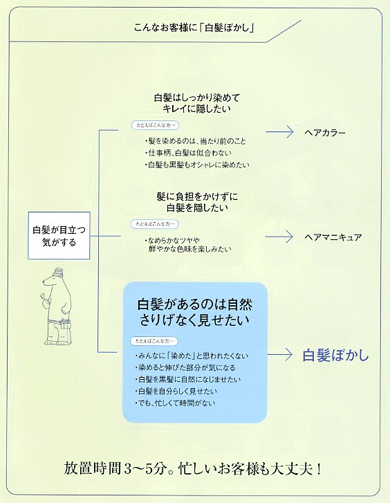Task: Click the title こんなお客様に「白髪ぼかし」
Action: (x=194, y=28)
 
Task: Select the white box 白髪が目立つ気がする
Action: (x=59, y=235)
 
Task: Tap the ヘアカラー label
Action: (x=324, y=132)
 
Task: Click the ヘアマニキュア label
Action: (x=333, y=237)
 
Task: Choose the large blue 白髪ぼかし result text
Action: (x=336, y=355)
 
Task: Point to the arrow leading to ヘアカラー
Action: (x=279, y=132)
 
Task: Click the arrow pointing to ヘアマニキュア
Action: (x=279, y=237)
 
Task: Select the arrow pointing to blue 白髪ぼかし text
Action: (x=279, y=354)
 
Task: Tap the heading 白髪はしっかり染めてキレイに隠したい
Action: (x=197, y=102)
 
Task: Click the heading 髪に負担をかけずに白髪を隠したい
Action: (x=197, y=202)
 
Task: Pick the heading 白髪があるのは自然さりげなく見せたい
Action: (x=195, y=312)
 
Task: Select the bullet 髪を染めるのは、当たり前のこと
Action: (x=195, y=141)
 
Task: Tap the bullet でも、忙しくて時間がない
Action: (x=175, y=403)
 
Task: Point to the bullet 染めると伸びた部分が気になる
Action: (x=185, y=367)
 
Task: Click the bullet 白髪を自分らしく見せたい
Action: (x=176, y=391)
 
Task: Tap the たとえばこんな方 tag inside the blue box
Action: (x=154, y=341)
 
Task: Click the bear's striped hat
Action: (x=58, y=273)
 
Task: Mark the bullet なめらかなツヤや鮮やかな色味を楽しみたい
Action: (x=188, y=244)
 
